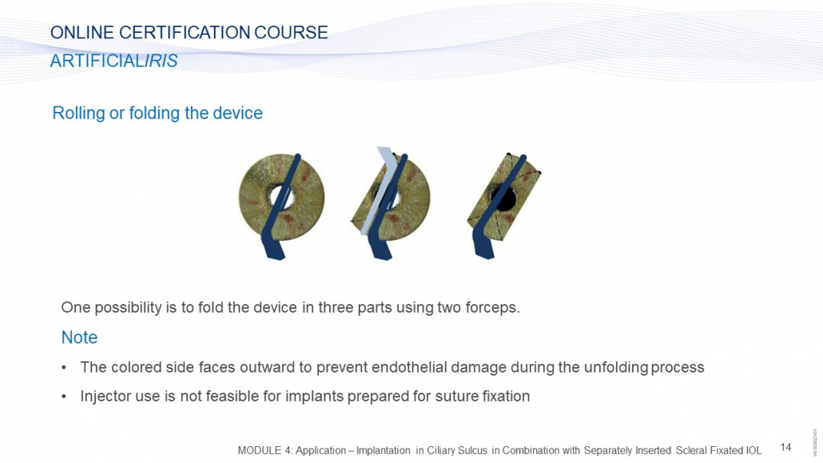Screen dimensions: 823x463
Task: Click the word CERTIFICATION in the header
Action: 185,33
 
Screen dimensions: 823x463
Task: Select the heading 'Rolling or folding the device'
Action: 157,113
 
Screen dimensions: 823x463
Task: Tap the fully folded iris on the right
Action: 504,197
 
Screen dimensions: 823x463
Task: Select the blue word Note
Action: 79,337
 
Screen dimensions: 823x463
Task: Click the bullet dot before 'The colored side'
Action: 64,368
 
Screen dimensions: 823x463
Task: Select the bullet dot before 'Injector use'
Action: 64,397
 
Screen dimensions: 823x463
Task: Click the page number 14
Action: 785,447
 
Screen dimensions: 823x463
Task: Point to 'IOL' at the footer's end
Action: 753,450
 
